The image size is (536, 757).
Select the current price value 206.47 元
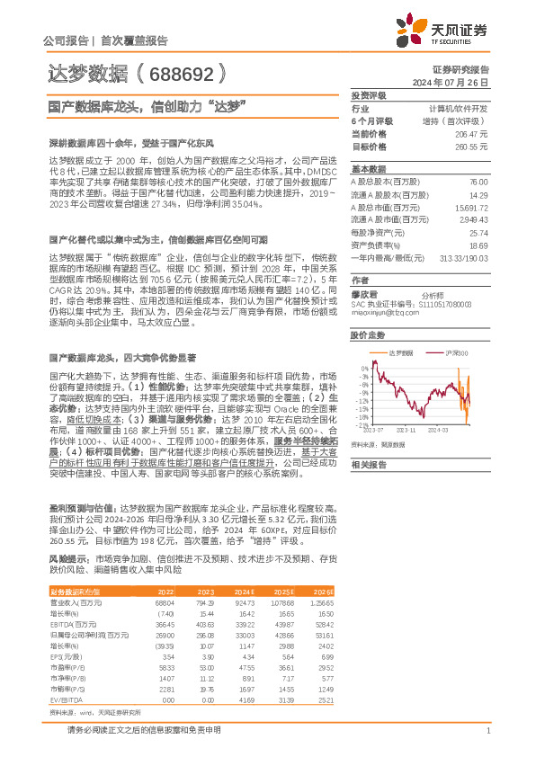point(471,132)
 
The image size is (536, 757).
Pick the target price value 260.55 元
point(471,145)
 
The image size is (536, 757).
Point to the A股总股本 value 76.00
point(478,182)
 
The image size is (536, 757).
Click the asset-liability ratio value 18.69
point(478,245)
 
